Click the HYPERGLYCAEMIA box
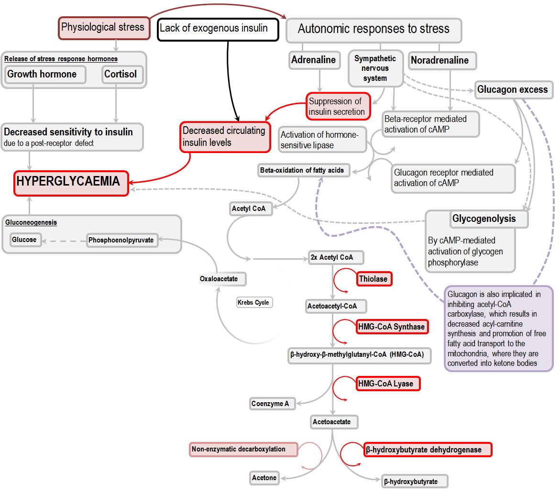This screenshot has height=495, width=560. pos(71,183)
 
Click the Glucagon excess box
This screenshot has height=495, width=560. pos(513,90)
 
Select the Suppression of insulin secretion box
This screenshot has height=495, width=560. pos(339,107)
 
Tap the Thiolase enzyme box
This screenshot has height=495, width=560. pos(373,279)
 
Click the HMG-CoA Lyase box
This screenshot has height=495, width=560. pos(388,384)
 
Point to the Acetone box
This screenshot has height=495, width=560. pos(264,478)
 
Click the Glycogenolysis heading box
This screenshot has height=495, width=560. pos(477,219)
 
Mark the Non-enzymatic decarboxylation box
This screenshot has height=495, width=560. pos(243,450)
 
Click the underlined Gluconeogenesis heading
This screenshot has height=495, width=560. pos(31,223)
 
